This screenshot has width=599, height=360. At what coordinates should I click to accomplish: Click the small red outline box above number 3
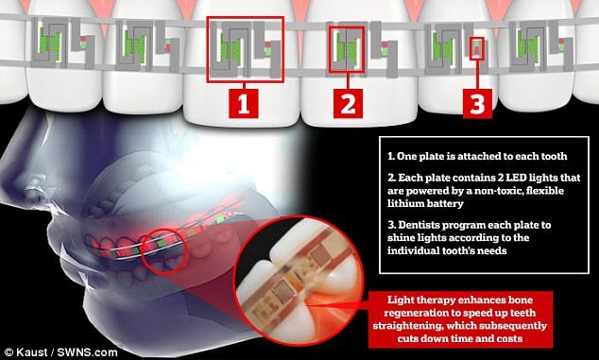pyautogui.click(x=476, y=48)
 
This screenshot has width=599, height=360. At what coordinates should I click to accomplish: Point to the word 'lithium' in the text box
pyautogui.click(x=403, y=203)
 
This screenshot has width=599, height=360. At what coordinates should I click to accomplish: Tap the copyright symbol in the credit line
pyautogui.click(x=9, y=352)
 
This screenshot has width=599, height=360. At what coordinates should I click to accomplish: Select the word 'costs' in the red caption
pyautogui.click(x=507, y=338)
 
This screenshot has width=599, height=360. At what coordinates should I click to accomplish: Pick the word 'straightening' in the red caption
pyautogui.click(x=407, y=326)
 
